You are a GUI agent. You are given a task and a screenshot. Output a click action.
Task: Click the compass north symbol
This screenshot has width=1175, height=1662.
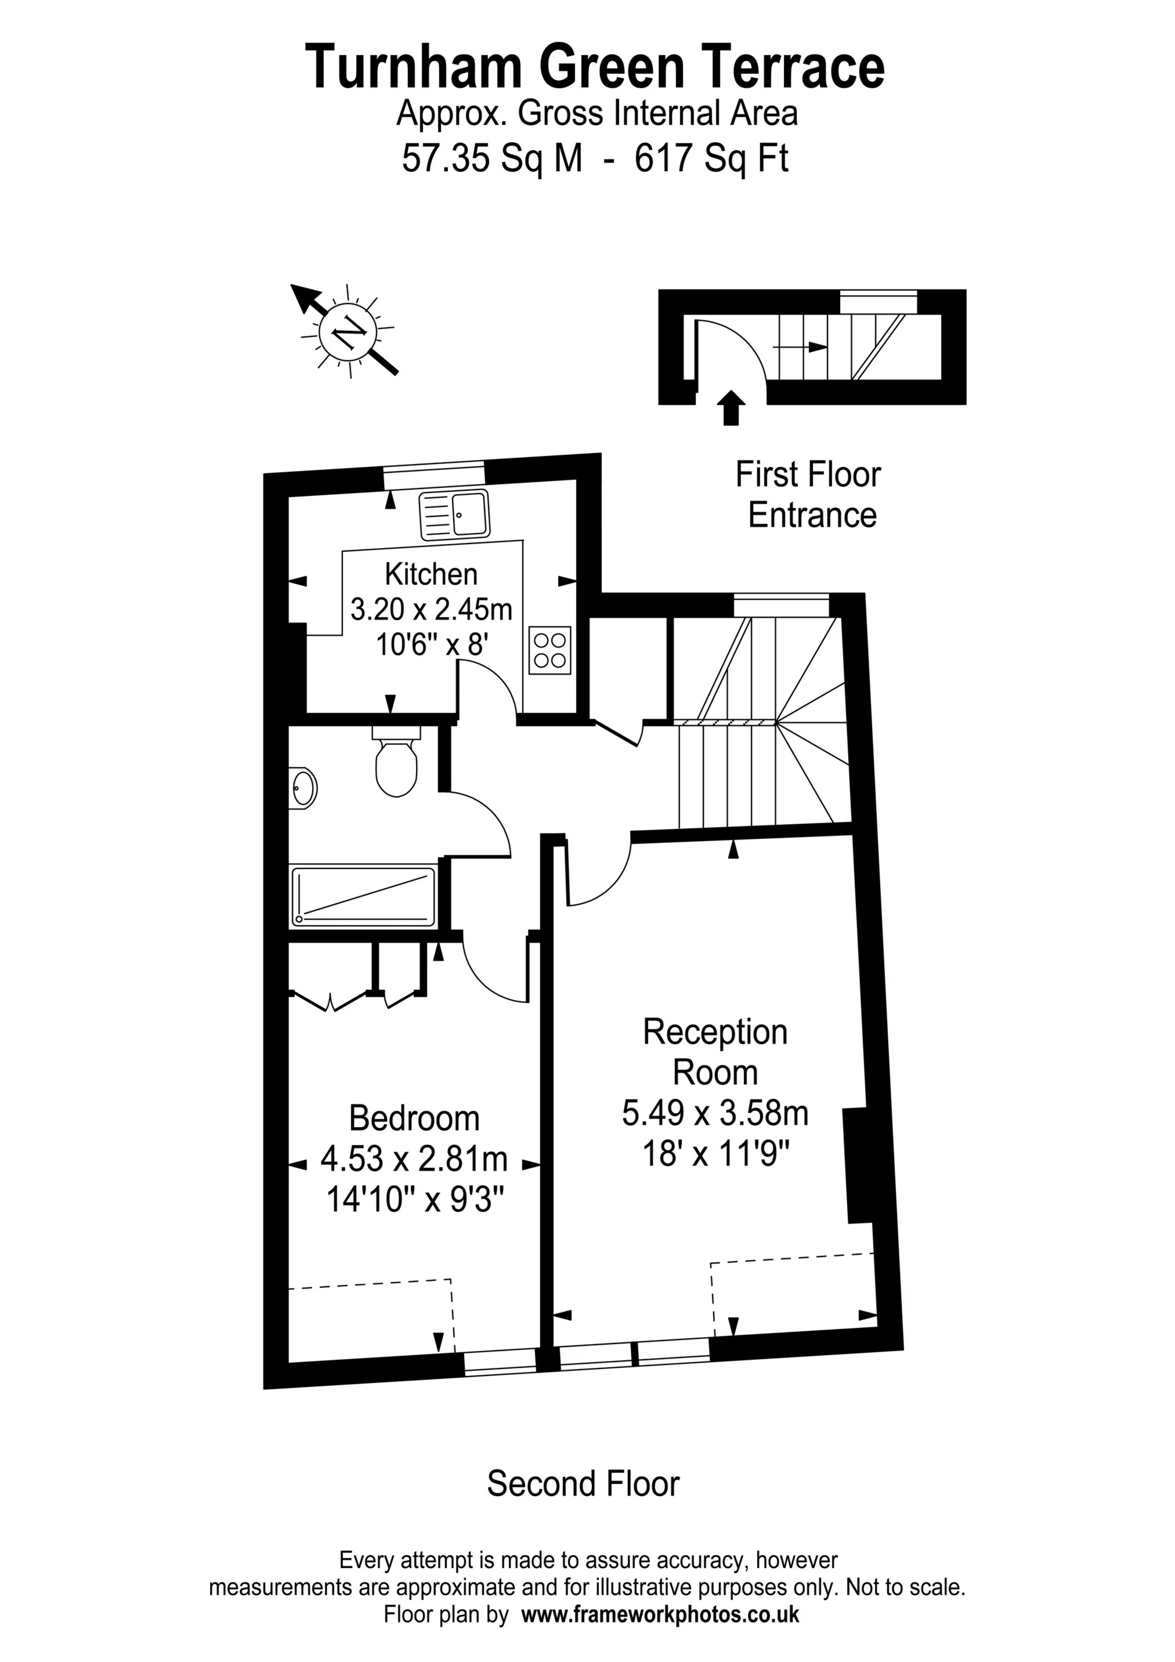pyautogui.click(x=348, y=332)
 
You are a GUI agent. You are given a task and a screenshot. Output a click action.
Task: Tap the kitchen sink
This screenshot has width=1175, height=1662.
pyautogui.click(x=454, y=514)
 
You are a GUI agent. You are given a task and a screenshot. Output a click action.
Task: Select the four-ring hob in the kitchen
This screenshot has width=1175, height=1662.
pyautogui.click(x=550, y=649)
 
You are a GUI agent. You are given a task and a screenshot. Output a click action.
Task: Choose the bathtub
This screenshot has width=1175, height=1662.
pyautogui.click(x=363, y=897)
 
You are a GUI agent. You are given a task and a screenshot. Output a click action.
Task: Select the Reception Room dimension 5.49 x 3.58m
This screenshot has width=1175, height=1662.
pyautogui.click(x=714, y=1113)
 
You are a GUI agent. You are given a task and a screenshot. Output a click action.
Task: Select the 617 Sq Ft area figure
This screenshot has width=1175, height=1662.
pyautogui.click(x=711, y=158)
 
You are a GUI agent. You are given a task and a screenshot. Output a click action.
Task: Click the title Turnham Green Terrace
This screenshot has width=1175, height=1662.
pyautogui.click(x=594, y=67)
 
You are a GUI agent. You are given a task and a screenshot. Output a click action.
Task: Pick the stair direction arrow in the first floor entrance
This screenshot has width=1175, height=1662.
pyautogui.click(x=800, y=347)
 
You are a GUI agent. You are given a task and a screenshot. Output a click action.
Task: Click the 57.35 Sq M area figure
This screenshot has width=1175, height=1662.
pyautogui.click(x=492, y=158)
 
